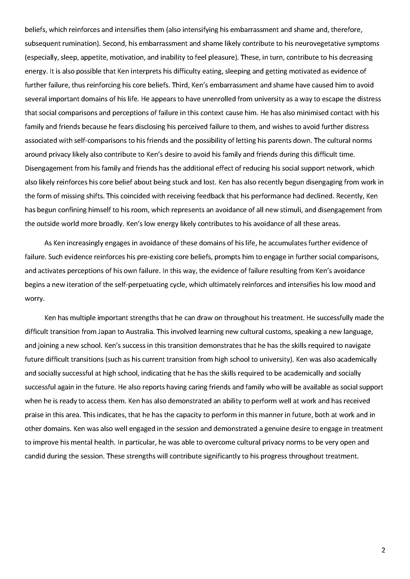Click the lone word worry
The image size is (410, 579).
[35, 299]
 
